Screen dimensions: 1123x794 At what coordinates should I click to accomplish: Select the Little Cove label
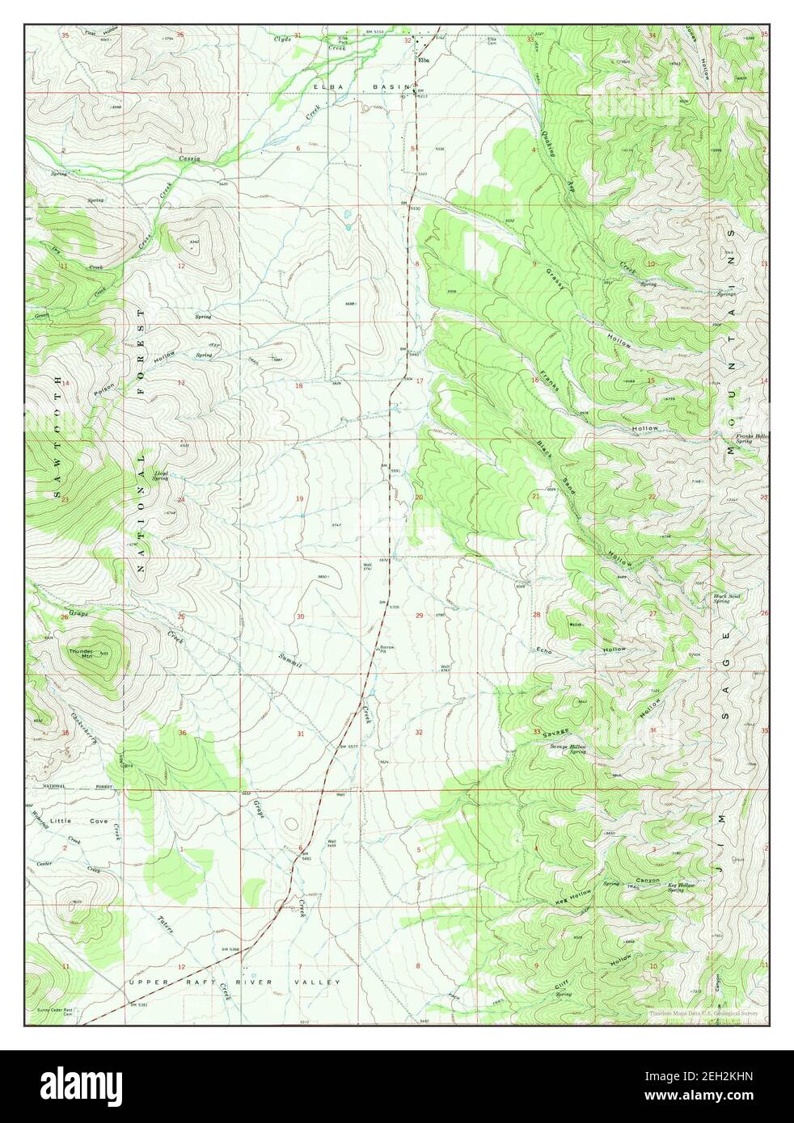[x=77, y=821]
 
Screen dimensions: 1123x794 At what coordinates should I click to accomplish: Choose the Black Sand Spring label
[x=721, y=599]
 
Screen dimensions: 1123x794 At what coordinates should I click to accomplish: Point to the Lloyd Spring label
[x=161, y=476]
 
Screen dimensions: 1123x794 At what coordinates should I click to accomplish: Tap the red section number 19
[x=298, y=498]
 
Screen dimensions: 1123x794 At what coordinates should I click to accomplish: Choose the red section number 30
[x=300, y=616]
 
